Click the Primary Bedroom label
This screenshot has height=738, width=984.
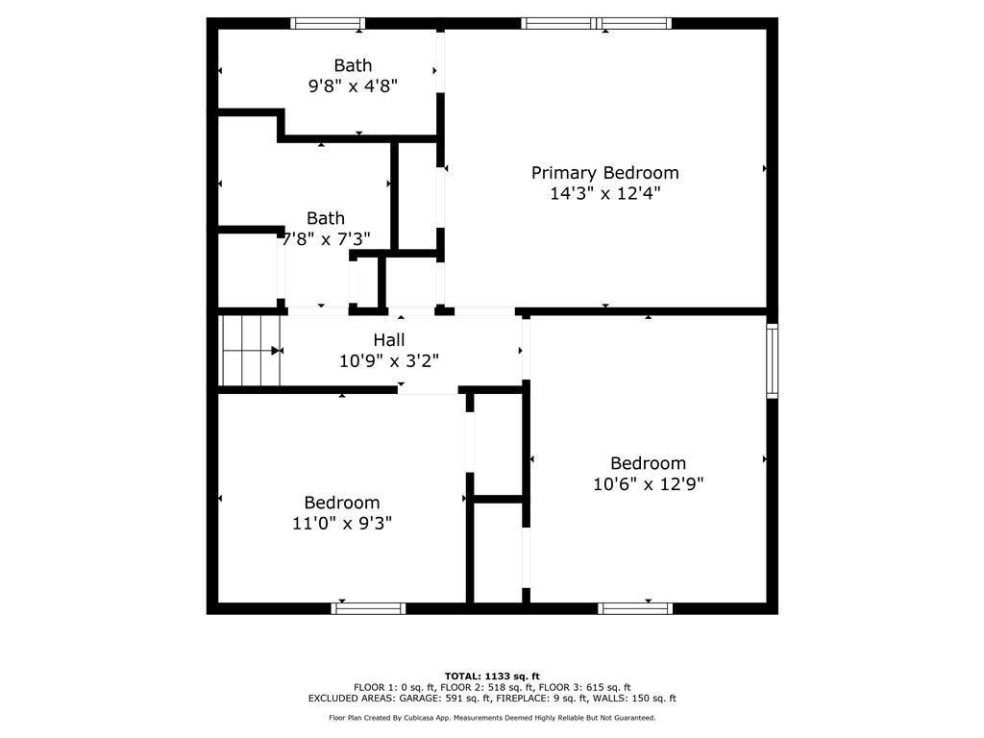pos(604,173)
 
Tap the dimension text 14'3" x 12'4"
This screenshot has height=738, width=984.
pos(604,193)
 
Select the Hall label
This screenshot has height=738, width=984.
pos(389,340)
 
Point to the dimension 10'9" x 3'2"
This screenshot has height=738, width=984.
pos(389,361)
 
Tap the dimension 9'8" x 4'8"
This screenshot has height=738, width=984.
pos(353,86)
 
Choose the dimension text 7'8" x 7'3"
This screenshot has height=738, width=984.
pos(326,238)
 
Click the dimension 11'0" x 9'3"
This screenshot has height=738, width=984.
pos(342,523)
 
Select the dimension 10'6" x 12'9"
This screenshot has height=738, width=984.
pos(649,484)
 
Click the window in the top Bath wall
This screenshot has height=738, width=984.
pos(328,23)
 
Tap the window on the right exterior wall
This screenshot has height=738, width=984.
pos(772,361)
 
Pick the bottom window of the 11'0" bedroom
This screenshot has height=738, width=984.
pos(368,608)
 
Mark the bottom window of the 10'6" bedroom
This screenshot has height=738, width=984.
pos(635,608)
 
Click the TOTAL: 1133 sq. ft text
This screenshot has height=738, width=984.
pos(492,676)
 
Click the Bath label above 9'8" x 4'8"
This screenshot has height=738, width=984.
pos(353,65)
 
